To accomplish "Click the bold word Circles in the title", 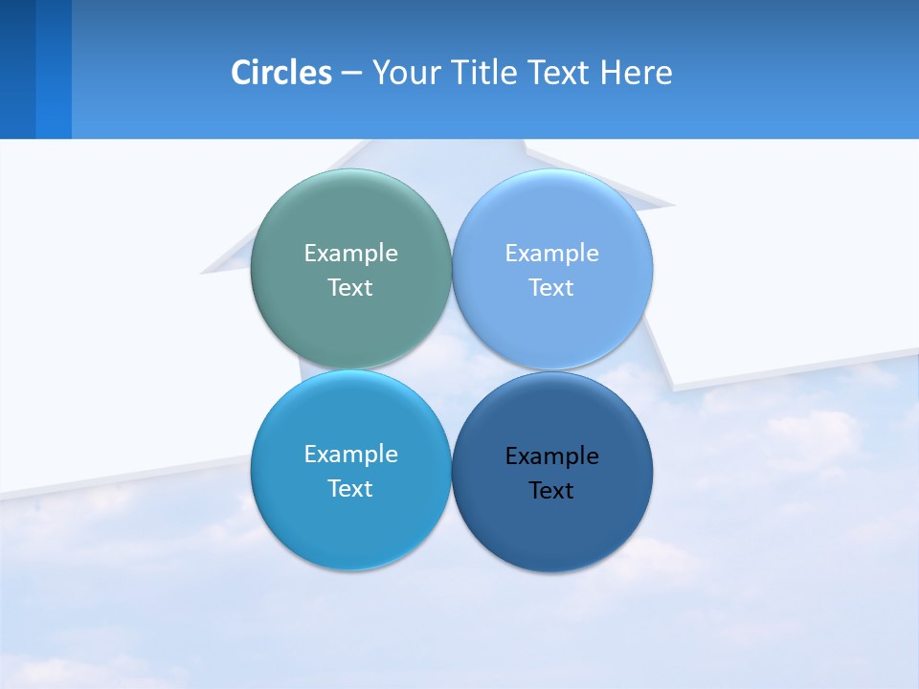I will point(280,73).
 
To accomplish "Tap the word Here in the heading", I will point(637,73).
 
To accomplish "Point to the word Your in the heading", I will point(404,73).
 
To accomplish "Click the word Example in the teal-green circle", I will point(350,254).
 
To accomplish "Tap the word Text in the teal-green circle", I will point(350,288).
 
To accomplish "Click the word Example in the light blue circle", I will point(552,254).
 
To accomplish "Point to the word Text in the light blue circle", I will point(551,288).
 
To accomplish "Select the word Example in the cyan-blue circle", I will point(350,455).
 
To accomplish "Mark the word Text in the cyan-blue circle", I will point(350,489).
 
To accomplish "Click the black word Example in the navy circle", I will point(552,456).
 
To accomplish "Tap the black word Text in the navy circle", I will point(551,491).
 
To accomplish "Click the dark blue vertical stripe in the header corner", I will point(17,69).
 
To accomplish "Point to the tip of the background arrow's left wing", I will point(201,273).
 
